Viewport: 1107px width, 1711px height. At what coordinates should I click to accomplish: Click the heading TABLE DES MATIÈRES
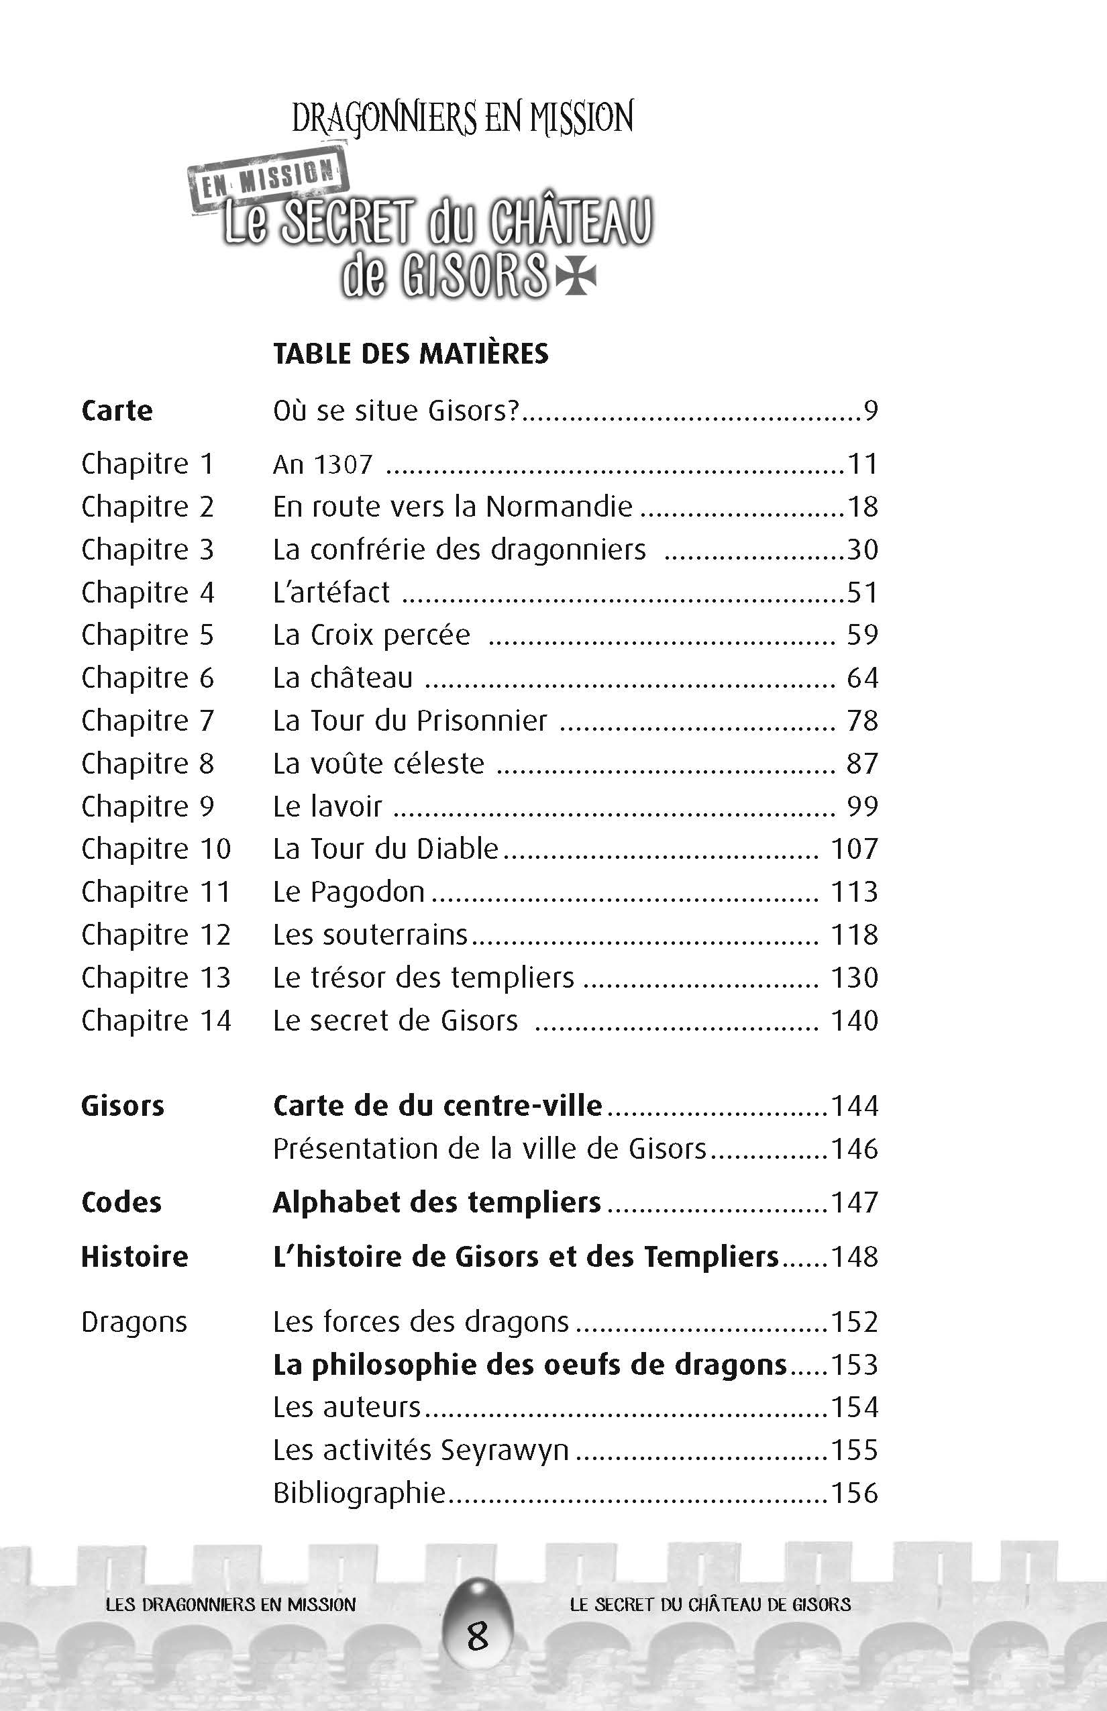click(411, 354)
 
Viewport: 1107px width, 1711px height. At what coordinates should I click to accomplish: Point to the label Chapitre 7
click(148, 721)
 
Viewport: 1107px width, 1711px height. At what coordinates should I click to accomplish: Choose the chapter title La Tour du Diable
click(385, 849)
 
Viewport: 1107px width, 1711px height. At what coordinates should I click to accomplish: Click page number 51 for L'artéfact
click(862, 592)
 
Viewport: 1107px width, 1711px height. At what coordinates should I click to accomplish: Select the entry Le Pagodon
click(349, 892)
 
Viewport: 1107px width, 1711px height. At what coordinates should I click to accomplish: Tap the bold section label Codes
click(121, 1202)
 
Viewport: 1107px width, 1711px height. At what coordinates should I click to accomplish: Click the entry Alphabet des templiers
click(436, 1202)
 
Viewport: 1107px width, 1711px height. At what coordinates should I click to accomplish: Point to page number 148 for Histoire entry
click(855, 1257)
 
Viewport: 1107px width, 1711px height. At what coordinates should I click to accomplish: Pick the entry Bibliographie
click(359, 1493)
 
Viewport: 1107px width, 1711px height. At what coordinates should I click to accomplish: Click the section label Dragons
click(134, 1322)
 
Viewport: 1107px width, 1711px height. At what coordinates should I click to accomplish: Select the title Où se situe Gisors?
click(395, 411)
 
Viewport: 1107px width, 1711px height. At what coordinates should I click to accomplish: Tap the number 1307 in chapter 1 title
click(343, 464)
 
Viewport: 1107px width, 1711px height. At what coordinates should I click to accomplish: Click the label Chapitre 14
click(156, 1021)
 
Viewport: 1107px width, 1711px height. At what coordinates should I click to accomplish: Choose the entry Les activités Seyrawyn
click(421, 1450)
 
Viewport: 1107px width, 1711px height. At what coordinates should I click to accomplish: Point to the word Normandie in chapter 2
click(558, 507)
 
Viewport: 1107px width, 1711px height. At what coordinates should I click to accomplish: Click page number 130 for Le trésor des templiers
click(855, 978)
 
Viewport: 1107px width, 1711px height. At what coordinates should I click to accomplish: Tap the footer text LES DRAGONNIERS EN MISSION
click(230, 1604)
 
